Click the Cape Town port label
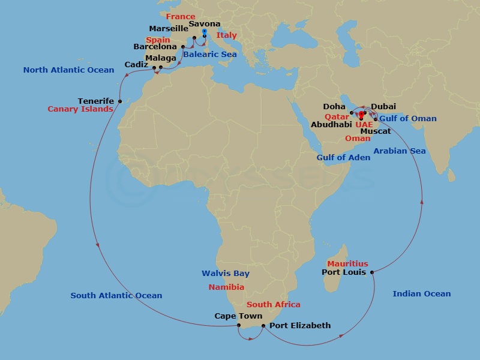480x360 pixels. coord(238,316)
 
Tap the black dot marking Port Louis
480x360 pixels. coord(373,273)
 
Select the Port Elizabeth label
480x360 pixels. coord(300,326)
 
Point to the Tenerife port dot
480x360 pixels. coord(120,101)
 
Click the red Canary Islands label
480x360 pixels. coord(80,109)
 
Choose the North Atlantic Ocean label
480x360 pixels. coord(68,70)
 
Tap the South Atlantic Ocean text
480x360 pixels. coord(116,296)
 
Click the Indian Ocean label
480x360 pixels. coord(421,294)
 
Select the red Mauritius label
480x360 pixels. coord(347,264)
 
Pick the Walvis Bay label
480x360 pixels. coord(225,274)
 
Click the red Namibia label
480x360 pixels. coord(226,287)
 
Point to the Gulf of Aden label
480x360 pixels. coord(343,158)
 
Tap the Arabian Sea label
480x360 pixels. coord(400,151)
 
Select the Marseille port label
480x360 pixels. coord(169,29)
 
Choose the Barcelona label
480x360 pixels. coord(155,47)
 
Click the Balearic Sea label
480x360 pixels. coord(210,55)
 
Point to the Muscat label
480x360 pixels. coord(376,131)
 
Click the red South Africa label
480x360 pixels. coord(274,305)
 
